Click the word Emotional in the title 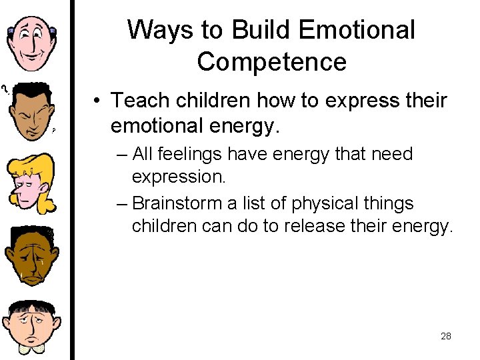[x=357, y=30]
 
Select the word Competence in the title [x=271, y=62]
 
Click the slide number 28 [x=446, y=336]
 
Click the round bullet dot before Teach [x=97, y=101]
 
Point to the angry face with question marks [x=30, y=111]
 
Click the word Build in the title [x=260, y=30]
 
